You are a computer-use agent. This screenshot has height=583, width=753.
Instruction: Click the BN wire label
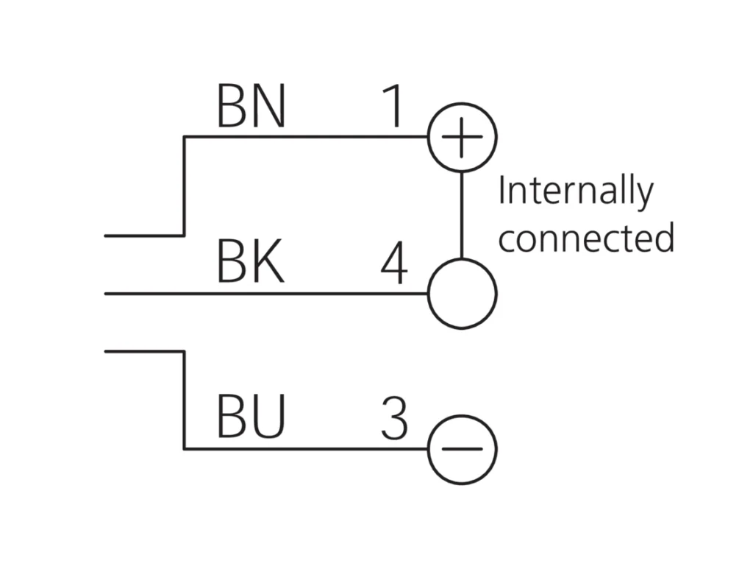pyautogui.click(x=251, y=107)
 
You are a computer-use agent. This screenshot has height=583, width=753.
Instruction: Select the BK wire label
pyautogui.click(x=251, y=264)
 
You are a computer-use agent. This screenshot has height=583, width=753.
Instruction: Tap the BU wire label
pyautogui.click(x=251, y=418)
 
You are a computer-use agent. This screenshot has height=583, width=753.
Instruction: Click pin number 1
pyautogui.click(x=395, y=107)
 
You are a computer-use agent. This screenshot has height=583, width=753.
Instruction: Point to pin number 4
pyautogui.click(x=394, y=264)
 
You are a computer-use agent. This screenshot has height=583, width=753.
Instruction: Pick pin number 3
pyautogui.click(x=395, y=419)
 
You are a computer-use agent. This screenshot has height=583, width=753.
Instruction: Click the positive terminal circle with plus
pyautogui.click(x=462, y=137)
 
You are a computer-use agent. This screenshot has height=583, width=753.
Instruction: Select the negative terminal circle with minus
pyautogui.click(x=462, y=448)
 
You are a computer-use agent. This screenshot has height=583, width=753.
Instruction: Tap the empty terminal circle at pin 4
pyautogui.click(x=462, y=294)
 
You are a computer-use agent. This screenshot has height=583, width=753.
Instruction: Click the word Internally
pyautogui.click(x=575, y=191)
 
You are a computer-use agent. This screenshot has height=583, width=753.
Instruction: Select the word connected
pyautogui.click(x=586, y=239)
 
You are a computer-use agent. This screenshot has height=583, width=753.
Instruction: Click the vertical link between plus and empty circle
pyautogui.click(x=462, y=215)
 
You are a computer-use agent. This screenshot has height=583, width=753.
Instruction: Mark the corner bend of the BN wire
pyautogui.click(x=184, y=137)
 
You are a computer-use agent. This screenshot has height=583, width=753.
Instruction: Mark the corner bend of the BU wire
pyautogui.click(x=184, y=448)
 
